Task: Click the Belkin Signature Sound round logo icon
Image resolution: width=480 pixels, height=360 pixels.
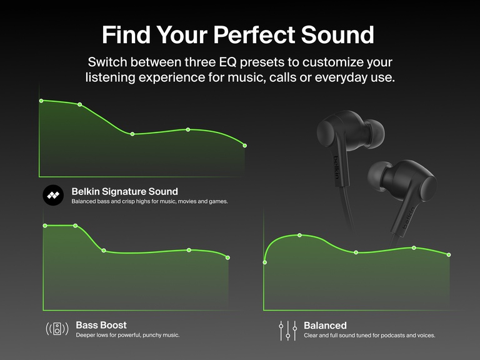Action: coord(53,196)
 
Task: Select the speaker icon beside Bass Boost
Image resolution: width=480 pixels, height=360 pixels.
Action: coord(57,329)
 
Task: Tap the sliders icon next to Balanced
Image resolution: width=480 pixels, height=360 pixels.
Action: coord(287,330)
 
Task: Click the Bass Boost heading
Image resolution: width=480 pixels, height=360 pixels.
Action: coord(101,325)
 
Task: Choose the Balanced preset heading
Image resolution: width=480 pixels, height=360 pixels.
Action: coord(325,326)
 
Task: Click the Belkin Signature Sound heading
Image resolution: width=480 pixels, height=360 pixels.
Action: coord(124,191)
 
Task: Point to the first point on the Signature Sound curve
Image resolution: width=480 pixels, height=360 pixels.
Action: coord(41,101)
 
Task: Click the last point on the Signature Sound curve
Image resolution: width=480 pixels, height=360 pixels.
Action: coord(244,146)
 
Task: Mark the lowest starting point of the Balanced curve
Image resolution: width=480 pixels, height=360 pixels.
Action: coord(265,262)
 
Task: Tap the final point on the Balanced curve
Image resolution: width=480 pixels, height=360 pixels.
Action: coord(449,254)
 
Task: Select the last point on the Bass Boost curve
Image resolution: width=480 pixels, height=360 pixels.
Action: coord(227,257)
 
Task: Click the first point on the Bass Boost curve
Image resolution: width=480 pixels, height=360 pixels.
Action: coord(44,226)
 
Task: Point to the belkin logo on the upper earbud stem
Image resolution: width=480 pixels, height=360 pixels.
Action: coord(337,167)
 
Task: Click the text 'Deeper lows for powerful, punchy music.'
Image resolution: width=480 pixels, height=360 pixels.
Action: coord(127,336)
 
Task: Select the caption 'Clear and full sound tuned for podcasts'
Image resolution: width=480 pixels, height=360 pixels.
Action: coord(369,336)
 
